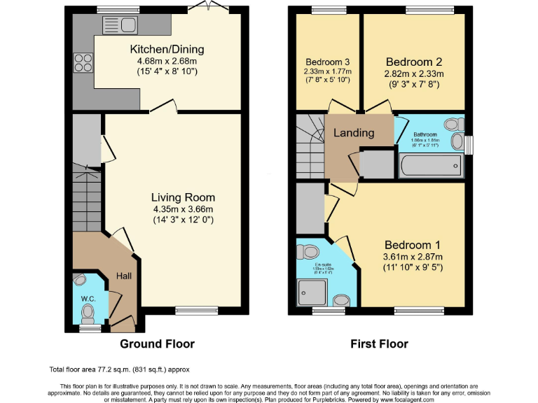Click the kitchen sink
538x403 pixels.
pyautogui.click(x=120, y=26)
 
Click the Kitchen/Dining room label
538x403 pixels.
pyautogui.click(x=167, y=49)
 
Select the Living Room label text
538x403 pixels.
pyautogui.click(x=183, y=197)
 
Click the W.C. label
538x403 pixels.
pyautogui.click(x=88, y=298)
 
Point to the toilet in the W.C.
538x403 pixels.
pyautogui.click(x=81, y=279)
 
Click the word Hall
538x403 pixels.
pyautogui.click(x=123, y=276)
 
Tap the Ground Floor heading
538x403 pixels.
pyautogui.click(x=157, y=344)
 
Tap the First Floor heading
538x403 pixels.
pyautogui.click(x=379, y=344)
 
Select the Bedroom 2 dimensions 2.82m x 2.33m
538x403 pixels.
pyautogui.click(x=413, y=73)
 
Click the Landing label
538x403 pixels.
pyautogui.click(x=353, y=133)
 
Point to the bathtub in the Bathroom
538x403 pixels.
pyautogui.click(x=431, y=167)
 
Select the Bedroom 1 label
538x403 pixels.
pyautogui.click(x=412, y=245)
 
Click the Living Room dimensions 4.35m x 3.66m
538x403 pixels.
pyautogui.click(x=183, y=209)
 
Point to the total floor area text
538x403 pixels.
pyautogui.click(x=119, y=369)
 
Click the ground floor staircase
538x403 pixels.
pyautogui.click(x=87, y=199)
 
